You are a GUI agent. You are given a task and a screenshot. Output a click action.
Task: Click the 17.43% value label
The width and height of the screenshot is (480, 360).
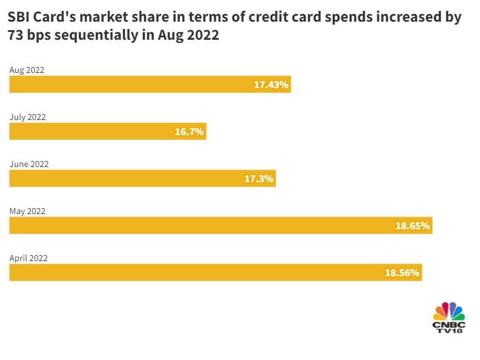[x=271, y=85]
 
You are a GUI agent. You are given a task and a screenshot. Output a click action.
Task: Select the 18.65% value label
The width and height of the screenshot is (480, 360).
[x=412, y=226]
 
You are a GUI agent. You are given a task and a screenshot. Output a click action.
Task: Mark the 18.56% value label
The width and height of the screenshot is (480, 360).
[x=402, y=273]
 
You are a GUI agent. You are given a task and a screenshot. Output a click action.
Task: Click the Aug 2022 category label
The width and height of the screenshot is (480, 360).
[x=27, y=70]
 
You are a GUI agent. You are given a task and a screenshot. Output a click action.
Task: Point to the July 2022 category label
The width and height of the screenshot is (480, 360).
[x=27, y=117]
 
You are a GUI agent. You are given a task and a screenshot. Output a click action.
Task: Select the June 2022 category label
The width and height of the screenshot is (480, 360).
[x=28, y=164]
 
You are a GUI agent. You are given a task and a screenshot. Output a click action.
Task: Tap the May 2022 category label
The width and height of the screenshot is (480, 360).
[x=27, y=211]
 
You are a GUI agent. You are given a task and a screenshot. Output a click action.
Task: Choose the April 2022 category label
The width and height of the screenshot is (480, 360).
[x=28, y=258]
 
